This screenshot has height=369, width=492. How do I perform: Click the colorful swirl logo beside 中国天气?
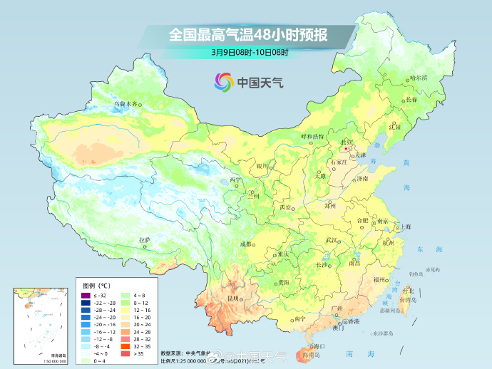[x=224, y=82]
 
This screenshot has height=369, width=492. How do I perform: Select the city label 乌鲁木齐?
[x=125, y=104]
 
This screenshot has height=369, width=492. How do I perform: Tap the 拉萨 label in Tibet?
[x=144, y=239]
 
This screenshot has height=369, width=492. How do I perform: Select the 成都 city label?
[x=246, y=244]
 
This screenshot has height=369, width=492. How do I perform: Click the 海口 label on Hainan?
[x=317, y=345]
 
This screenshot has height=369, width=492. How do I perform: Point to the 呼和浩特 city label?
[x=312, y=136]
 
